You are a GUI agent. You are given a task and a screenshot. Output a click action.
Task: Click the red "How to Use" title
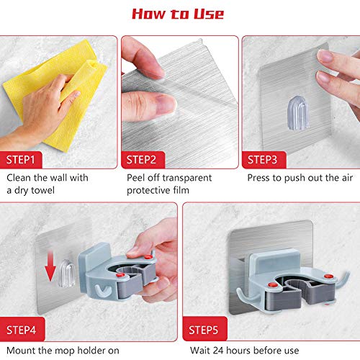[180, 14]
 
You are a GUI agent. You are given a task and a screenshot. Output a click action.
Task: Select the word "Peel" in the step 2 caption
[137, 178]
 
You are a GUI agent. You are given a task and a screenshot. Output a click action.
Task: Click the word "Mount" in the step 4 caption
[22, 351]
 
